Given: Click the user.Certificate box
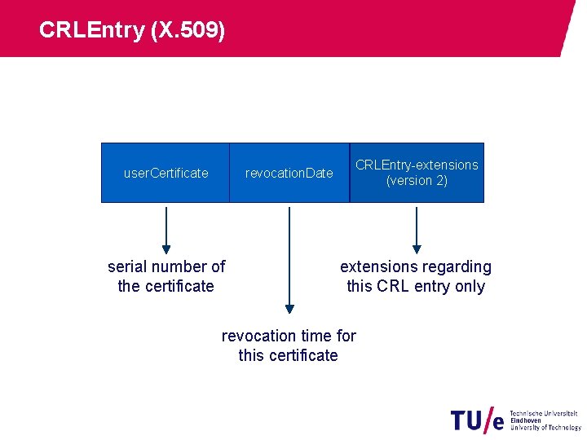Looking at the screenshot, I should [x=166, y=173].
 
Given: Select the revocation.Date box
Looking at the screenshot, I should [x=289, y=173].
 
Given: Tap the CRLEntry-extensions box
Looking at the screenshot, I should [x=417, y=173].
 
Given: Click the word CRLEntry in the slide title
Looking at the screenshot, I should [x=90, y=30].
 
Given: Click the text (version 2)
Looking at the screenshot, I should [x=417, y=181].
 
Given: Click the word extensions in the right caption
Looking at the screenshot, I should [x=377, y=266].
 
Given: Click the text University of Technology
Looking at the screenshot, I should [x=545, y=427].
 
